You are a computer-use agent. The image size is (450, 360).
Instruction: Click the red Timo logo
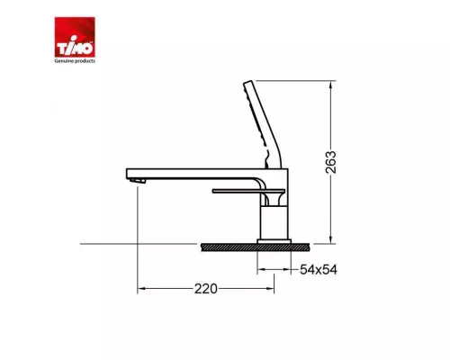[x=75, y=37]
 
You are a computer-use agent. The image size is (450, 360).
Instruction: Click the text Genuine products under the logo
[x=75, y=60]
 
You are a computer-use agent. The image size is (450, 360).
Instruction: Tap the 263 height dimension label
[x=331, y=162]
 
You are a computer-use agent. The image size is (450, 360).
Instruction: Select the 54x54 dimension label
[x=319, y=270]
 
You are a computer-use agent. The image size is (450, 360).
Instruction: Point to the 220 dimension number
[x=206, y=289]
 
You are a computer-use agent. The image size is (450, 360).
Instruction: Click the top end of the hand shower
[x=248, y=82]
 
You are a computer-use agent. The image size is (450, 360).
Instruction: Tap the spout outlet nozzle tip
[x=138, y=180]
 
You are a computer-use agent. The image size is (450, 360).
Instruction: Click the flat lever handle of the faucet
[x=248, y=191]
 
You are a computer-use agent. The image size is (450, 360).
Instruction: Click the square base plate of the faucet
[x=274, y=241]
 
